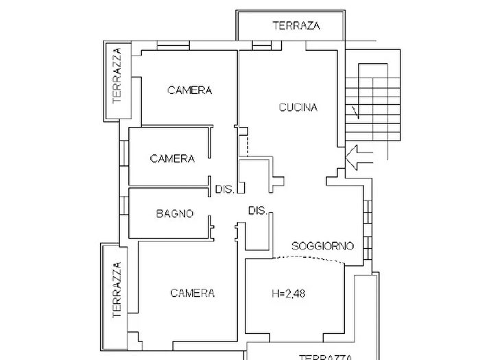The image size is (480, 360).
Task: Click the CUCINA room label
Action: (x=298, y=108)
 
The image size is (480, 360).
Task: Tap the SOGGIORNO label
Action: (x=323, y=245)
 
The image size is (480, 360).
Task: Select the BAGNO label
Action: (x=175, y=213)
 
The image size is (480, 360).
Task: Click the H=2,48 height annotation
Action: (x=289, y=293)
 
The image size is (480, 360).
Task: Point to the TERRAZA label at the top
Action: (x=296, y=25)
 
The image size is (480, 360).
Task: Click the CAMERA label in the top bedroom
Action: (x=190, y=91)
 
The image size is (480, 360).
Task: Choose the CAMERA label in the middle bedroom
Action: (x=172, y=158)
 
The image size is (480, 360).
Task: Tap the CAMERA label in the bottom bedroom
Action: (x=192, y=293)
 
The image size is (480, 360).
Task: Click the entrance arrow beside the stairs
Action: (x=359, y=158)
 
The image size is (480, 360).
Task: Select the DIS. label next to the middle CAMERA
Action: (x=225, y=189)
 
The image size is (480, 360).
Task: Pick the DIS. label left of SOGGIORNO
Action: (x=258, y=211)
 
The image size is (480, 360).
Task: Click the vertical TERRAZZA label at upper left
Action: (x=117, y=76)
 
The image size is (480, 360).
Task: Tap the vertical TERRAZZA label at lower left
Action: (x=117, y=290)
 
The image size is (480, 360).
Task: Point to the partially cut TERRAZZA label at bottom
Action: (x=325, y=357)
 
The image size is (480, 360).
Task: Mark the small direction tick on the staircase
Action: (x=356, y=112)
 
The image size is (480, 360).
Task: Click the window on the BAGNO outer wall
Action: (x=124, y=205)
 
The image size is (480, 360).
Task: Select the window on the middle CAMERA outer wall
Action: (x=124, y=153)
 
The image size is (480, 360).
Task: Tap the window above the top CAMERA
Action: (x=173, y=46)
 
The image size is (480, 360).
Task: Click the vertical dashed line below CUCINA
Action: (x=248, y=142)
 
